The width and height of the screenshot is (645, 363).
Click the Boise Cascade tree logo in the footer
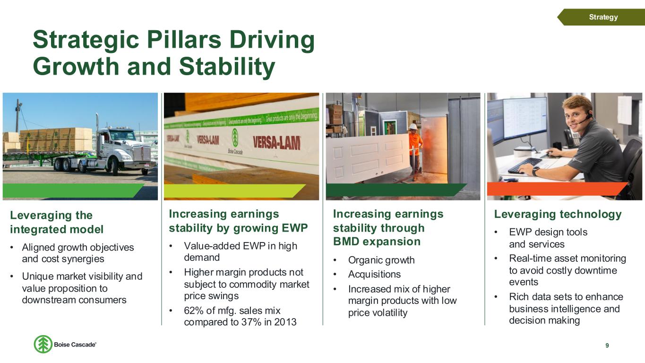(43, 344)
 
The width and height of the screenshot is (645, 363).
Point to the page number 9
(607, 346)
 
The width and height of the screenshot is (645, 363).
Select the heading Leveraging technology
(558, 214)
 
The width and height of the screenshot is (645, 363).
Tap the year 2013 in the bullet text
(285, 322)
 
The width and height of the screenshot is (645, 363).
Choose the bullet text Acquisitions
(374, 274)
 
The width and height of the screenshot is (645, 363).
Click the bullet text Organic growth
(381, 260)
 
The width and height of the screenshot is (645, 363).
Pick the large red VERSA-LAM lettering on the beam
(277, 143)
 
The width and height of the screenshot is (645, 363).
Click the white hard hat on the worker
(413, 127)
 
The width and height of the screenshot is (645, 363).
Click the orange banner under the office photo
(557, 189)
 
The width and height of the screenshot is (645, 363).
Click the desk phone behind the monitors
(572, 138)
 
